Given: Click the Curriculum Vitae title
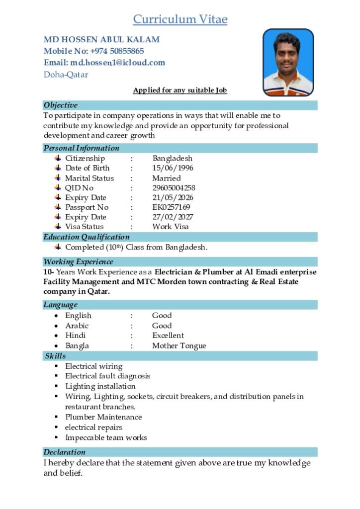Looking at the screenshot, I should tap(180, 19).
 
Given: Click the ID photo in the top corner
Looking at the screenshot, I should tap(288, 62).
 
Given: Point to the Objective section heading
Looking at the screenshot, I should tap(61, 105).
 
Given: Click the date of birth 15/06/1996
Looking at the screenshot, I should tap(173, 168).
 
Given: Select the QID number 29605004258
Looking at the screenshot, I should tap(174, 188).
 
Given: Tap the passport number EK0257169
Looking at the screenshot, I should tap(171, 207).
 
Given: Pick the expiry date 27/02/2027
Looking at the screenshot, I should tap(173, 217).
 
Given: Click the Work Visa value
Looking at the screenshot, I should tap(170, 227).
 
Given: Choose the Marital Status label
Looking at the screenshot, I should tap(90, 178).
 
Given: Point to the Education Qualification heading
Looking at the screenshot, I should tap(87, 237).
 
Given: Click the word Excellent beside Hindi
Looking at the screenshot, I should tap(168, 336).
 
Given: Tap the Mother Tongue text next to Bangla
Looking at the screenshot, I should tap(179, 346).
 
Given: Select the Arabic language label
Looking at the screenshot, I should tap(77, 326).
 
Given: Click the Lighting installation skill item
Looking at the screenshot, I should tap(100, 386).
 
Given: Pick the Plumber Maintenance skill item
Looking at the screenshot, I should tap(103, 417).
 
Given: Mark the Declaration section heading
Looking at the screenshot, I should tap(65, 452).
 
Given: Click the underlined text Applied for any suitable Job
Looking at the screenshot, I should tap(180, 90).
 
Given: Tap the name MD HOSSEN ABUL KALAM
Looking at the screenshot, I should tap(102, 40).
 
